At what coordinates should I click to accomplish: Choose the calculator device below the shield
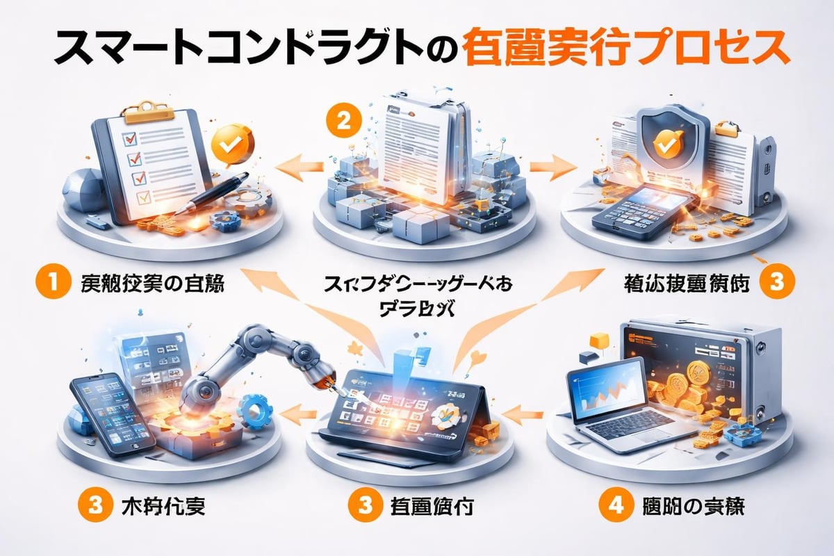(x=638, y=208)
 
